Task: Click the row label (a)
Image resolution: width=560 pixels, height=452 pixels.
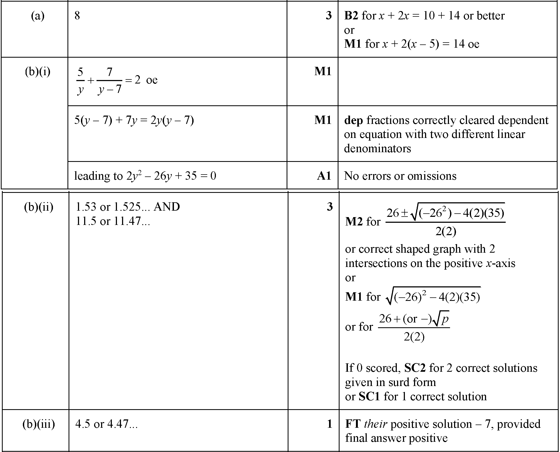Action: [x=37, y=16]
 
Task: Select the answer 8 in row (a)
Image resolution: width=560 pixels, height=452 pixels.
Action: [x=77, y=16]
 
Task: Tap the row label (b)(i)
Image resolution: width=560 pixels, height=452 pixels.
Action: [x=37, y=72]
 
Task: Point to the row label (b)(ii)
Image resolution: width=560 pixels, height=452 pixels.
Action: [x=38, y=207]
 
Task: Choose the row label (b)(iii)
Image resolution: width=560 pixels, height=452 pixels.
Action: [x=38, y=424]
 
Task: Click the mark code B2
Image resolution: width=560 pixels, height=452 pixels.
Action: [x=351, y=16]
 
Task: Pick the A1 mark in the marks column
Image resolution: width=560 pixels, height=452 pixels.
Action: [x=324, y=176]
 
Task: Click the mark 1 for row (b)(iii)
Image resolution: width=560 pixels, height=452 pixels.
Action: [x=329, y=424]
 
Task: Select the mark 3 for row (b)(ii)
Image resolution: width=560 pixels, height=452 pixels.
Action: [x=329, y=207]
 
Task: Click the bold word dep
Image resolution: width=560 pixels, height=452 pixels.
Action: [x=353, y=120]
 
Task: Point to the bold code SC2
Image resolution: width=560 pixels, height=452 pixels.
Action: [x=415, y=368]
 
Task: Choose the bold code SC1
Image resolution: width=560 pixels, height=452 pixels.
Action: [x=369, y=397]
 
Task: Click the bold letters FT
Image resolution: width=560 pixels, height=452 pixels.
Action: [x=353, y=424]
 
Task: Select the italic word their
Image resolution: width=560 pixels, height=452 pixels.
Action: [x=376, y=424]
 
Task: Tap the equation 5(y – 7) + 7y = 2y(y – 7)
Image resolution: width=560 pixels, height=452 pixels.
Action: [x=134, y=120]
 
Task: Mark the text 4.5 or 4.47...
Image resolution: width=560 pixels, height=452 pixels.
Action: [x=106, y=424]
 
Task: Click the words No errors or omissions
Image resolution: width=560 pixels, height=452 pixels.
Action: [x=400, y=176]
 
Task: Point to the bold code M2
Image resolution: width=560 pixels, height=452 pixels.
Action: [x=354, y=222]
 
